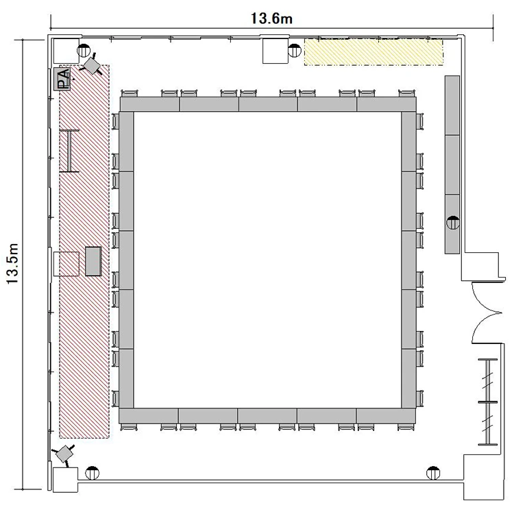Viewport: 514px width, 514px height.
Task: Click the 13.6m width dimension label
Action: click(271, 19)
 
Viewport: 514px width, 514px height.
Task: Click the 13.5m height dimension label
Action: click(12, 264)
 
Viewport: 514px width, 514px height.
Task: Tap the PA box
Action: click(62, 79)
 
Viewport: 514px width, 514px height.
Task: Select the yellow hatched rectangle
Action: click(374, 53)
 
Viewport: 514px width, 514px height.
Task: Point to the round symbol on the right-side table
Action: click(453, 223)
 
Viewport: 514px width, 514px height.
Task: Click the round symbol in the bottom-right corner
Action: click(433, 473)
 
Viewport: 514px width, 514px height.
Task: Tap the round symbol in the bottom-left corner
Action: click(92, 473)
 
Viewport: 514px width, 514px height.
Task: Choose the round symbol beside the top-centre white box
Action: click(295, 51)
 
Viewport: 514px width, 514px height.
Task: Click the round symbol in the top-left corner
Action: click(84, 50)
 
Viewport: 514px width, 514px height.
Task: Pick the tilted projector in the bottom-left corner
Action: click(64, 454)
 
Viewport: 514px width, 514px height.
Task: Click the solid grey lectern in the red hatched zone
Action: click(93, 261)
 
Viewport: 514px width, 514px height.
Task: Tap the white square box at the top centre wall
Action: click(276, 51)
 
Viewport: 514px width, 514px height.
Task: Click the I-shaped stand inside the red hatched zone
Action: click(69, 151)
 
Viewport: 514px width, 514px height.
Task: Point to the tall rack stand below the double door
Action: click(488, 402)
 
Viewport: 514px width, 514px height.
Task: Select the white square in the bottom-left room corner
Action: click(66, 480)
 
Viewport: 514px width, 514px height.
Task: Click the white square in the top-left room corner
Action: click(66, 51)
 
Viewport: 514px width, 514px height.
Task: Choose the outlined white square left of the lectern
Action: click(66, 264)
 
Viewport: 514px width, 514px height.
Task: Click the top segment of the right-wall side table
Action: click(452, 106)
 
